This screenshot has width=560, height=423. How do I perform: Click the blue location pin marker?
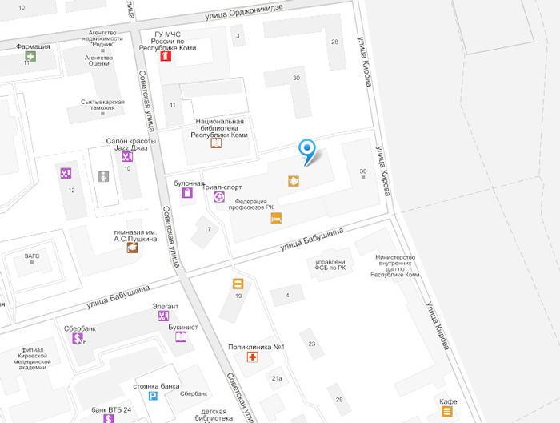(307, 148)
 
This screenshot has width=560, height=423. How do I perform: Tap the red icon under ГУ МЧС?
(166, 57)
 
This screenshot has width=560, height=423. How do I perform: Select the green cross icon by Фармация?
(30, 57)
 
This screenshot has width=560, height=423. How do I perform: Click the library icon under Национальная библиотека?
(216, 144)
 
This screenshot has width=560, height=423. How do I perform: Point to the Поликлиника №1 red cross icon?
(253, 357)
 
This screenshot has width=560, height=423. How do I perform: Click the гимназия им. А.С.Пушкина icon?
(131, 248)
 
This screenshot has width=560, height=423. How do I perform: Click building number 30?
(296, 78)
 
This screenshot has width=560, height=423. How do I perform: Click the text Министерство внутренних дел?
(397, 266)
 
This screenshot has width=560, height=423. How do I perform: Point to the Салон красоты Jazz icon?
(126, 156)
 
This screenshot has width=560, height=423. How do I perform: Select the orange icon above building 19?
(238, 284)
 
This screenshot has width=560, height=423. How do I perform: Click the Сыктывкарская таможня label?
(102, 105)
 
